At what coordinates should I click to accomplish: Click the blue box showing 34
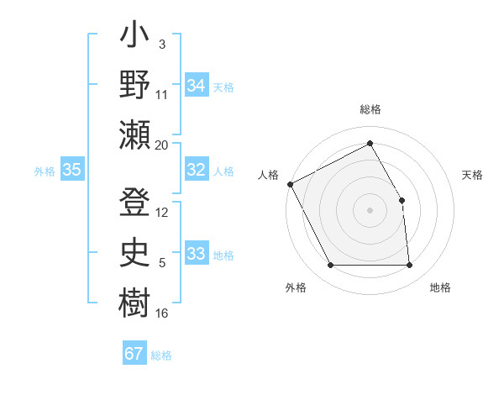197,86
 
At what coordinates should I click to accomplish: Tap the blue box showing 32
197,171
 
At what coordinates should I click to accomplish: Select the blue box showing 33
197,255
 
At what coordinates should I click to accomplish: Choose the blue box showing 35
72,171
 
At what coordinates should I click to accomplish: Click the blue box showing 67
134,354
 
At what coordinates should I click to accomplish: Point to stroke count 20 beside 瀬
162,145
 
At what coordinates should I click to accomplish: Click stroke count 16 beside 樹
162,313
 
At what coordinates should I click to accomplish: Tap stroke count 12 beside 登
162,213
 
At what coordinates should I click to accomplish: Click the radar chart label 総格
370,110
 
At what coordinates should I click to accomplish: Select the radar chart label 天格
472,175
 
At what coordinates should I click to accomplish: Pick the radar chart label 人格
268,175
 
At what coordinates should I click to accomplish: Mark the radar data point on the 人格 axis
290,184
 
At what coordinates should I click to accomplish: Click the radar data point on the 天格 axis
402,200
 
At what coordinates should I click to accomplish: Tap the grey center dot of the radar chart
370,209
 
